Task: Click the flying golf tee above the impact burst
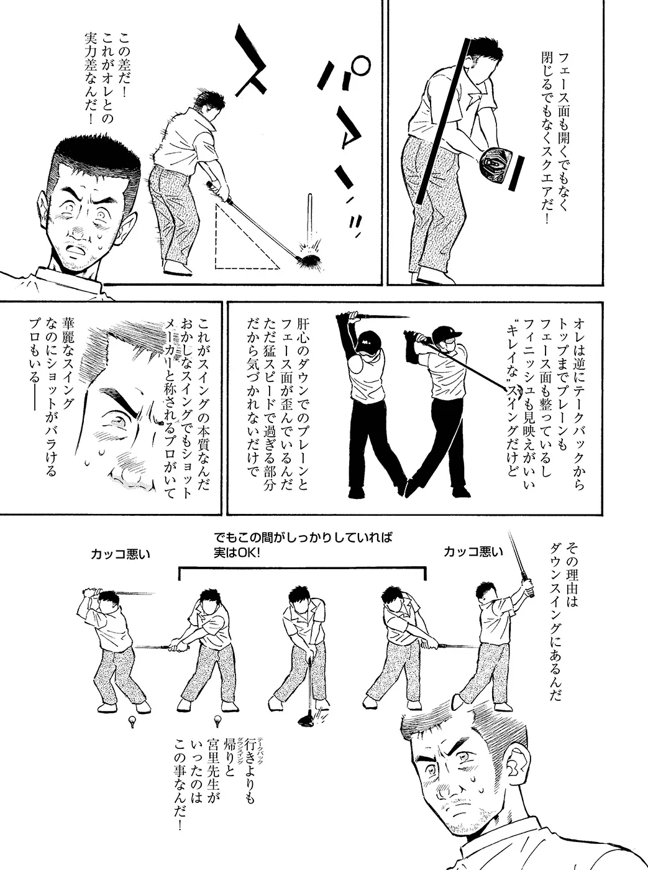pos(310,216)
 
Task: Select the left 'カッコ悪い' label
pos(120,554)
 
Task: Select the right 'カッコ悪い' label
pos(473,552)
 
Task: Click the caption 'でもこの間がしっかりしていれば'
pos(303,537)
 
